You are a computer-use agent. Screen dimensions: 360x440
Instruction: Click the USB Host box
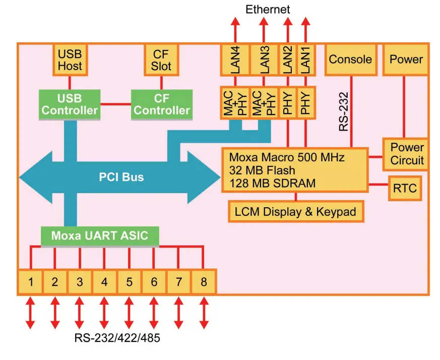(x=70, y=59)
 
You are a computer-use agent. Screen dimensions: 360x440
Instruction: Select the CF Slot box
(x=161, y=59)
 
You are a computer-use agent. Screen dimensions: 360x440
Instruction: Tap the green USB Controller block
(x=70, y=104)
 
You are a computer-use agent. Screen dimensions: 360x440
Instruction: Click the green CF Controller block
(x=162, y=104)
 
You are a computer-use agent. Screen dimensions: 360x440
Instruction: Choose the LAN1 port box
(x=305, y=60)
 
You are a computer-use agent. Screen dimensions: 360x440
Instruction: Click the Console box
(x=350, y=59)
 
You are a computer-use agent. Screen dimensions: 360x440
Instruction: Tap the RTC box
(x=405, y=188)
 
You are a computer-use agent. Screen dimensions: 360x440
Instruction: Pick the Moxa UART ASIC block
(x=100, y=235)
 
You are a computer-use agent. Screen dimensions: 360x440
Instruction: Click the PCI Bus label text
(x=121, y=177)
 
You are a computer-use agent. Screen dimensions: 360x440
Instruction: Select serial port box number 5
(x=129, y=282)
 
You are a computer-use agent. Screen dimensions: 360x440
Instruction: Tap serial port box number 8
(x=203, y=282)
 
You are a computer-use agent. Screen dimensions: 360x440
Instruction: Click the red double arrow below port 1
(x=30, y=313)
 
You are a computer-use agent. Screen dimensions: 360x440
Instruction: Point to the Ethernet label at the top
(x=268, y=9)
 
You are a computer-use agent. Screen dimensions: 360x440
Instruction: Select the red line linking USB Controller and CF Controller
(x=115, y=105)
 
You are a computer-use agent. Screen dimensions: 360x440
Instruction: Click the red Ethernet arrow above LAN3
(x=264, y=30)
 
